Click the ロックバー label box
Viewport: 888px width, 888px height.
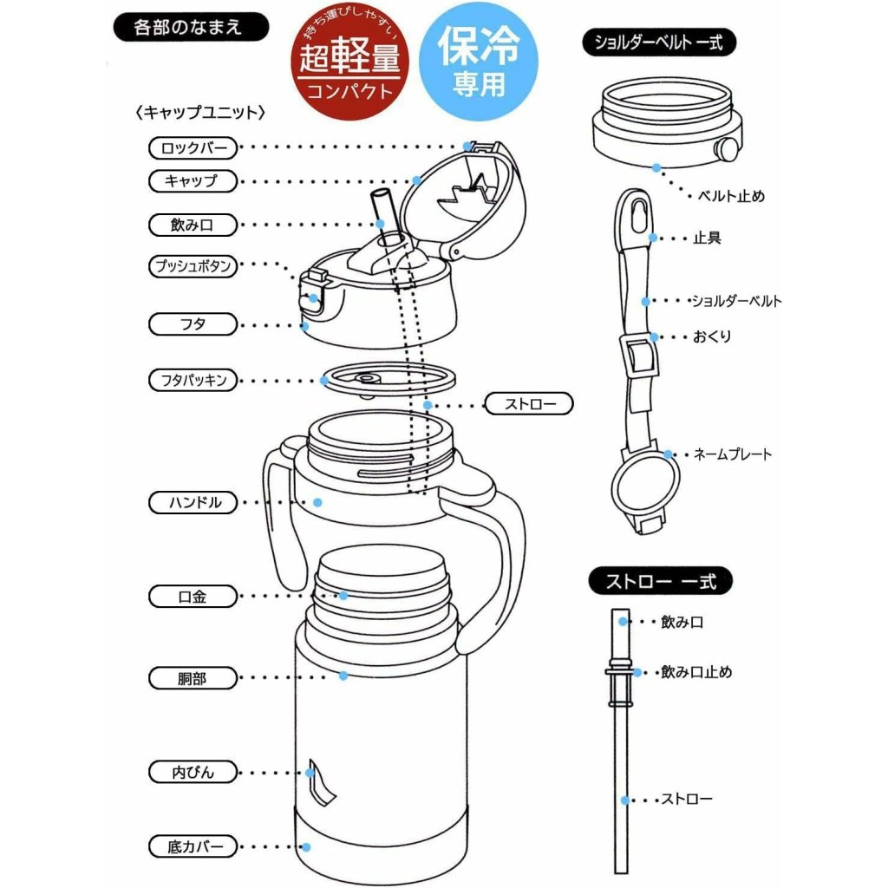(x=193, y=147)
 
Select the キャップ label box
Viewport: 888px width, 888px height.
(x=193, y=181)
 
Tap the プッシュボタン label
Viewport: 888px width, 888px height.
(x=193, y=266)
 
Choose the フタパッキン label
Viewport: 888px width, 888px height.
(x=193, y=380)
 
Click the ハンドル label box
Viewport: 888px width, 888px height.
(x=193, y=502)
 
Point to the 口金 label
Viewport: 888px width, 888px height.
(x=193, y=597)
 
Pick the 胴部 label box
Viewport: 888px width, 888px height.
(x=193, y=677)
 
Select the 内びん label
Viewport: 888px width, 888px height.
(x=193, y=772)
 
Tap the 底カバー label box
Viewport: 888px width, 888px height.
(x=193, y=846)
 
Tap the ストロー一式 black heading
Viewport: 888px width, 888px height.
(x=660, y=581)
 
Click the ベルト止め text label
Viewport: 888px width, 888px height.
(x=732, y=196)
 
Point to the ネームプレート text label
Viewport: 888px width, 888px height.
(x=732, y=454)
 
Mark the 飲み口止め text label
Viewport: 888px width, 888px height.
(x=696, y=672)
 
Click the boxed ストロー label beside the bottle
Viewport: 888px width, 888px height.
(x=528, y=404)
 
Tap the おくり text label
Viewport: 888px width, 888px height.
(x=712, y=336)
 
